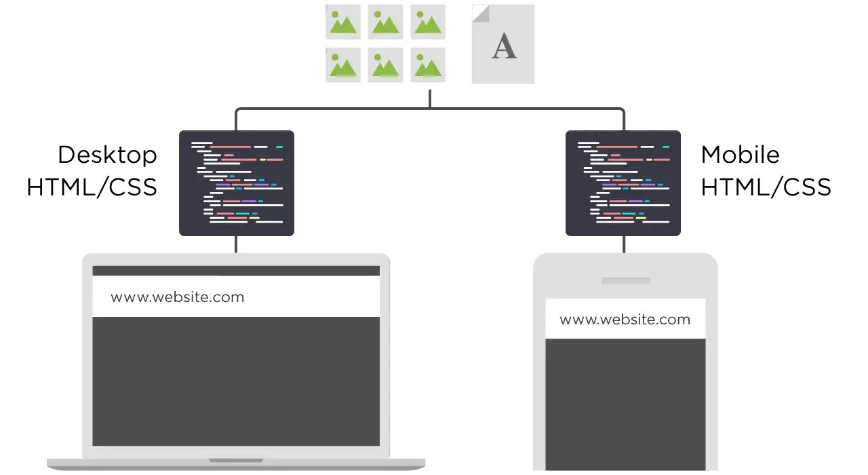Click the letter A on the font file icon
tap(504, 46)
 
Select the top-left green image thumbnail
tap(343, 22)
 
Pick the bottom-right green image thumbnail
tap(428, 65)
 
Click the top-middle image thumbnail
tap(386, 22)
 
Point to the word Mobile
tap(740, 155)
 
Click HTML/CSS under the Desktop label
tap(92, 187)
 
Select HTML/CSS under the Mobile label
tap(766, 187)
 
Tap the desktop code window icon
tap(237, 183)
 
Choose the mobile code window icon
tap(623, 183)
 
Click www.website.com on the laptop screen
tap(178, 297)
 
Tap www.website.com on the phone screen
tap(625, 320)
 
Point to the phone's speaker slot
tap(626, 281)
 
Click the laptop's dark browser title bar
tap(236, 271)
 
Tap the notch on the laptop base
tap(236, 461)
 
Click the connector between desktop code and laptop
tap(236, 245)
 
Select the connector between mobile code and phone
tap(624, 245)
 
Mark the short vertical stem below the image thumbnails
tap(430, 99)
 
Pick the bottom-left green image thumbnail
tap(343, 65)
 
